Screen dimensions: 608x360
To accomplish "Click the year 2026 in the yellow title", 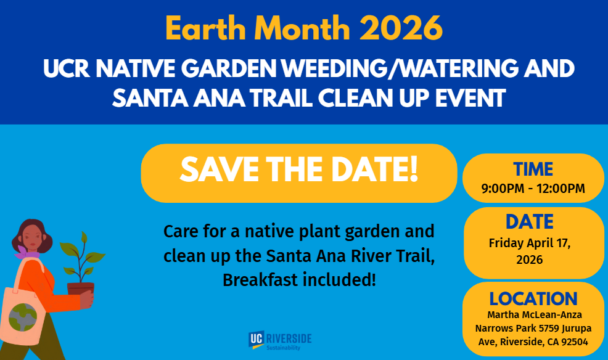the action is [x=401, y=28].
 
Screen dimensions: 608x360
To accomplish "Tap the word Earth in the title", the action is [x=206, y=28].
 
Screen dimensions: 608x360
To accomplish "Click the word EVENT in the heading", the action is [x=470, y=97].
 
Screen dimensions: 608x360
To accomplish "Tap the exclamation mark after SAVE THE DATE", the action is [x=414, y=169].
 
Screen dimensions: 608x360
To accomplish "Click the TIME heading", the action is [x=533, y=170].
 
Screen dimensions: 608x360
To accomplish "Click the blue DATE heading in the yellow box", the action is [x=530, y=222].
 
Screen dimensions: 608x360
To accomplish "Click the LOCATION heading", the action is [x=533, y=299].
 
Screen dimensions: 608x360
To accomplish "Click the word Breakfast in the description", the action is [x=260, y=280].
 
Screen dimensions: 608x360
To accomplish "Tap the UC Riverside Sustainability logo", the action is [x=280, y=341].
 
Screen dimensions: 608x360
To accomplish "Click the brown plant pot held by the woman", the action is [x=81, y=290].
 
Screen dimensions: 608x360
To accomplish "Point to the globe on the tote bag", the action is [x=22, y=317].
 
